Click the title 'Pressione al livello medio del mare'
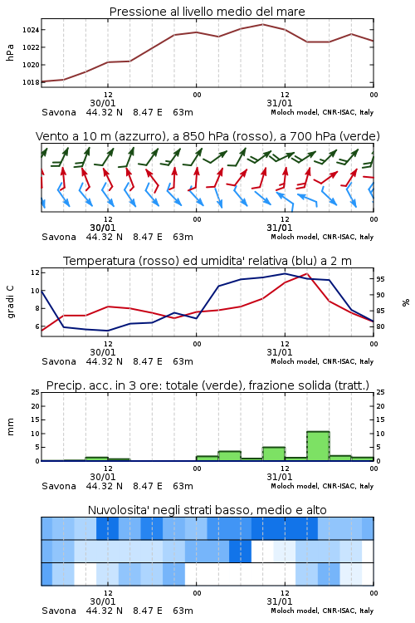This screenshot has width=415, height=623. coord(207,12)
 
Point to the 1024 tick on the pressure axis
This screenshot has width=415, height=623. coord(31,30)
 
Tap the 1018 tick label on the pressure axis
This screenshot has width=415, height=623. coord(31,82)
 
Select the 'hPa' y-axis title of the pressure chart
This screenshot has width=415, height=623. coord(10,52)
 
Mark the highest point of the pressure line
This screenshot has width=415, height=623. coord(262,24)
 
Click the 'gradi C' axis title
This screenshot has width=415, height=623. coord(10,302)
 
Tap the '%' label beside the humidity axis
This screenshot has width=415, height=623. coord(406,302)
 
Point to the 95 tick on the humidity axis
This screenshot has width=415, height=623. coord(380,279)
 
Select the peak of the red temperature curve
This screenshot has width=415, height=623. coord(306,274)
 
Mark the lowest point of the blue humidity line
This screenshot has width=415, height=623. coord(108,331)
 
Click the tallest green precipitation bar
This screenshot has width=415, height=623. coord(318,446)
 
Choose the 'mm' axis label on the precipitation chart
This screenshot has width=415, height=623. coord(10,427)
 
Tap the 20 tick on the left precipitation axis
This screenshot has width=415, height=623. coord(36,406)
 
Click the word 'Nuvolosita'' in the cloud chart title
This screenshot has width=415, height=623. coord(115,510)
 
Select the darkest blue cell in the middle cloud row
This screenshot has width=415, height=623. coord(240,551)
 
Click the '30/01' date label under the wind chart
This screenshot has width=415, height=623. coord(102,228)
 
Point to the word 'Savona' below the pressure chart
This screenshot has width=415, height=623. coord(59,112)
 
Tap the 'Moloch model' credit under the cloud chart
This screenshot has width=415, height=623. coord(295,611)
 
